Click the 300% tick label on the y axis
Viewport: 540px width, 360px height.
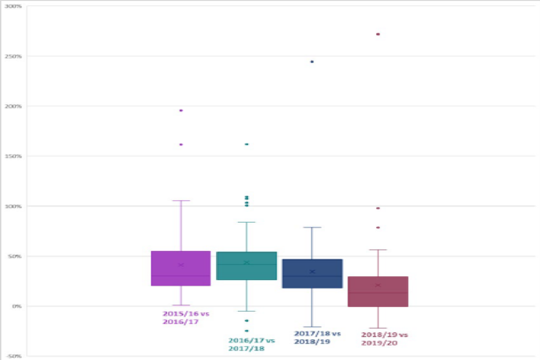tap(14, 7)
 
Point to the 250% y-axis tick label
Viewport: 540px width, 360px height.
tap(14, 56)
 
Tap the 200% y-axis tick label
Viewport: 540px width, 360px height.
tap(14, 106)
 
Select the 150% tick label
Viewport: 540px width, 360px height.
tap(14, 156)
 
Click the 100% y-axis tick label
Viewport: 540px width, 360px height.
tap(14, 206)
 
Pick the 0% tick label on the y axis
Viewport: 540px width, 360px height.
tap(16, 307)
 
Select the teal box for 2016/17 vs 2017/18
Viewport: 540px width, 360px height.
tap(246, 265)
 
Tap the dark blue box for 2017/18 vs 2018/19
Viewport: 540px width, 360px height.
tap(312, 273)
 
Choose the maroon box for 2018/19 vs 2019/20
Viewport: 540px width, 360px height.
tap(378, 291)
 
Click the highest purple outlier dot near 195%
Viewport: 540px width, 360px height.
tap(181, 110)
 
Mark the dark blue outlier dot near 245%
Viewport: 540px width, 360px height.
tap(312, 61)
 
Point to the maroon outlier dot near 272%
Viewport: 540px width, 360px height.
tap(378, 34)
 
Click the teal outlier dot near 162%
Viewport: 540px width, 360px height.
tap(246, 145)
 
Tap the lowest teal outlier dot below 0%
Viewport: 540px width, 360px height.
tap(246, 331)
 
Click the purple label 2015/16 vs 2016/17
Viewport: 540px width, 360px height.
tap(182, 317)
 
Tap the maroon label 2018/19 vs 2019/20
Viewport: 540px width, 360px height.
tap(384, 338)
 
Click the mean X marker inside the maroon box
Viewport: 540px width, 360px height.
tap(378, 285)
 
